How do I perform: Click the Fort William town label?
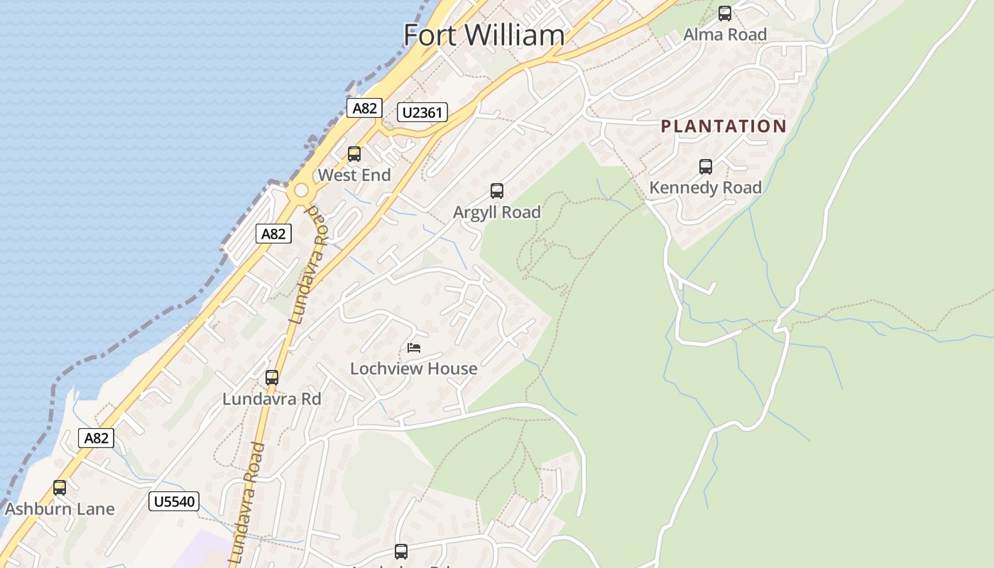pyautogui.click(x=484, y=35)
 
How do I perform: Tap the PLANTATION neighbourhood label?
pyautogui.click(x=723, y=126)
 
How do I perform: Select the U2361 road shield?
pyautogui.click(x=422, y=112)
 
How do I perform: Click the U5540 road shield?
pyautogui.click(x=174, y=502)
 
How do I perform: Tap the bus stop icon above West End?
pyautogui.click(x=354, y=154)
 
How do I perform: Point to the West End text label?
pyautogui.click(x=354, y=175)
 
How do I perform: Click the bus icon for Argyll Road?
pyautogui.click(x=497, y=191)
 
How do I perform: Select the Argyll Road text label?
pyautogui.click(x=497, y=212)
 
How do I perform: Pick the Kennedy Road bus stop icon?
pyautogui.click(x=705, y=167)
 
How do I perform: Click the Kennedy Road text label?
pyautogui.click(x=705, y=187)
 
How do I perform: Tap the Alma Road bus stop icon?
pyautogui.click(x=724, y=13)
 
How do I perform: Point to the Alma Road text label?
pyautogui.click(x=724, y=34)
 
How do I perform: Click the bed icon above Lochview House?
pyautogui.click(x=414, y=348)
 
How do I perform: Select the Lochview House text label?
pyautogui.click(x=414, y=368)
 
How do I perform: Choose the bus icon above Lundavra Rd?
pyautogui.click(x=271, y=378)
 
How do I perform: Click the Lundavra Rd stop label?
pyautogui.click(x=271, y=399)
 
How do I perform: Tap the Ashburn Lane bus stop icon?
pyautogui.click(x=60, y=488)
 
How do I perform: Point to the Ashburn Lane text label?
pyautogui.click(x=60, y=509)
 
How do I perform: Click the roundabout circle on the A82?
pyautogui.click(x=302, y=190)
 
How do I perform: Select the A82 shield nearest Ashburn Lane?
pyautogui.click(x=96, y=438)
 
